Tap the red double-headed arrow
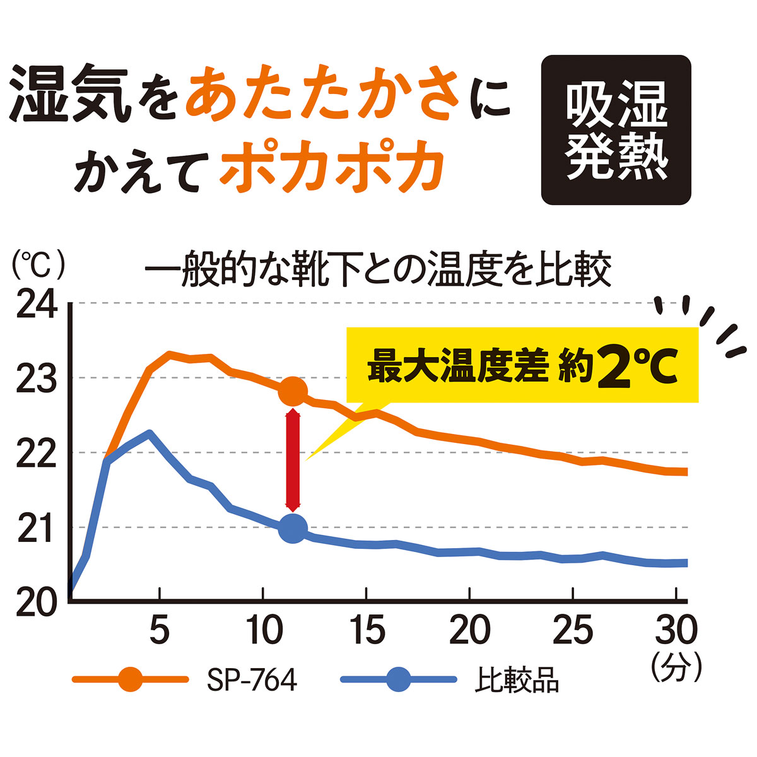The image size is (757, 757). [x=293, y=460]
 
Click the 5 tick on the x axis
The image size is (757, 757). [x=160, y=629]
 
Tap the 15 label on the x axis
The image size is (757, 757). [x=367, y=629]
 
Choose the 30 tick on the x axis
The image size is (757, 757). [x=676, y=629]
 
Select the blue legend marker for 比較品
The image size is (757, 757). [x=399, y=679]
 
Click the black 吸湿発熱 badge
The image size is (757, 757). [x=616, y=130]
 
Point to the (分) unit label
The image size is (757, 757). [x=678, y=667]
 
